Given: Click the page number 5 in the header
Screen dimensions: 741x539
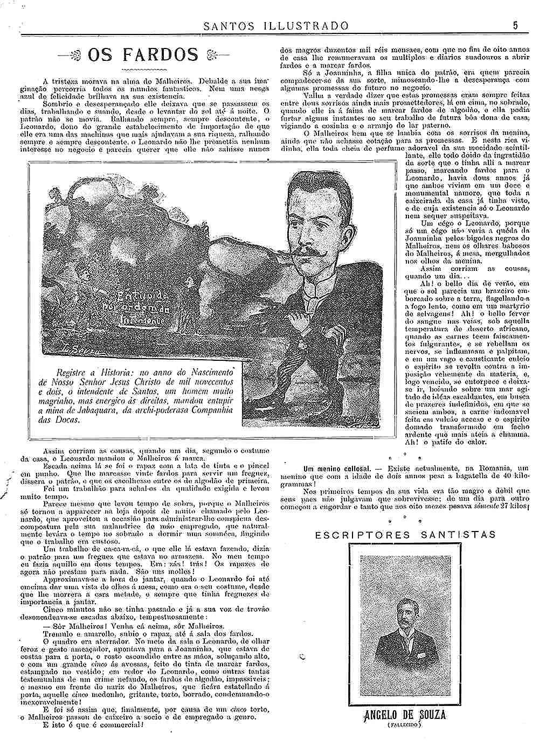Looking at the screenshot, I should (x=515, y=25).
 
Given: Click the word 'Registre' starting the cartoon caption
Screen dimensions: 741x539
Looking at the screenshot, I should (x=73, y=372).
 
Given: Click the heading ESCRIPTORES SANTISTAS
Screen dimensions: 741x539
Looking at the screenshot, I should (x=405, y=534).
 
